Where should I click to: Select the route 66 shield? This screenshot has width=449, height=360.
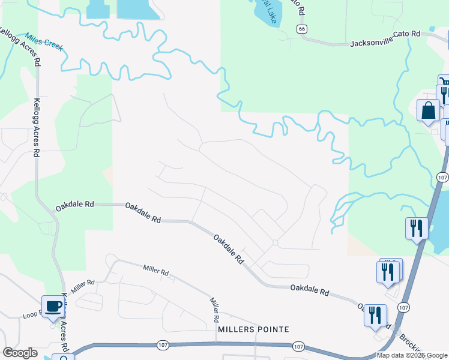(301, 29)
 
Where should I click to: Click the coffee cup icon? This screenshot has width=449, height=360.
(52, 306)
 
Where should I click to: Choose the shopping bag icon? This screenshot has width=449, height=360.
(429, 111)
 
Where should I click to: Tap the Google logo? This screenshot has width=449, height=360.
(20, 353)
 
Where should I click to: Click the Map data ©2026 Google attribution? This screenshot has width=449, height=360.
(412, 355)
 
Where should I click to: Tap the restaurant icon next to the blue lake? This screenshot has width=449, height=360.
(417, 228)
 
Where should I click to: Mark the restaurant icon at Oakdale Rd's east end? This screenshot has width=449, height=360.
(375, 315)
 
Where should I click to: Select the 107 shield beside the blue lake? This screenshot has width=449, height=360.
(443, 178)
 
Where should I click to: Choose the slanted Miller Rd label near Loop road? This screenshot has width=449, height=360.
(83, 286)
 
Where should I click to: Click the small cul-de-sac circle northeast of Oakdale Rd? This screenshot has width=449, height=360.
(275, 242)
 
